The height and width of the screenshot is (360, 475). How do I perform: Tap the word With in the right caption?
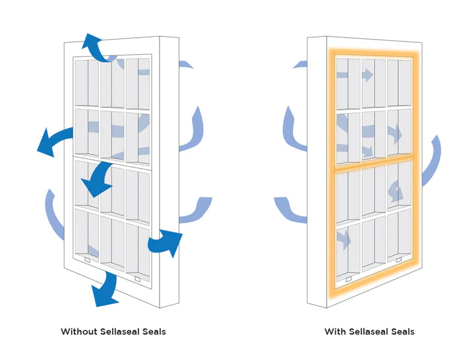point(334,331)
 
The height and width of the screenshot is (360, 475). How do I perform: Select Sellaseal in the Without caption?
point(119,331)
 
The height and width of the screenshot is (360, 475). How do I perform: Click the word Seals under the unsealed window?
point(154,331)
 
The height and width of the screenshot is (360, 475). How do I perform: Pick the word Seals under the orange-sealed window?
point(403,331)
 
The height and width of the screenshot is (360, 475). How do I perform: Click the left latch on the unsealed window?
point(87,260)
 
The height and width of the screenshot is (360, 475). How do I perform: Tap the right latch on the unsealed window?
point(138,279)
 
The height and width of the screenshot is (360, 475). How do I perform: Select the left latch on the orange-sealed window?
point(348,279)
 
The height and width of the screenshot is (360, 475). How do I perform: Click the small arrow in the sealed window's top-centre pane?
point(367,75)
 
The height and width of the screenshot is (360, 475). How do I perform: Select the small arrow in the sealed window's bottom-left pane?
point(343,238)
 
